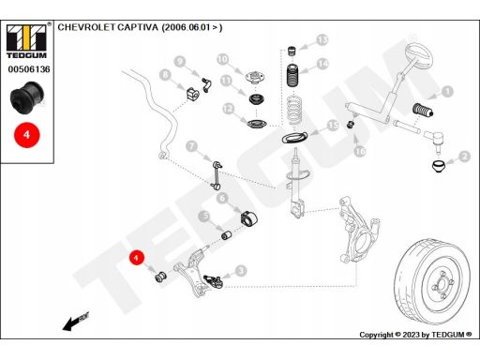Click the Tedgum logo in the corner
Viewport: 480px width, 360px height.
[26, 41]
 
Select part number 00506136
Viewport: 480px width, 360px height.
[29, 69]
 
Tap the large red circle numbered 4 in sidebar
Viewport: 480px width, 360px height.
[27, 135]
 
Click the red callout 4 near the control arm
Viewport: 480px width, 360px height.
[136, 258]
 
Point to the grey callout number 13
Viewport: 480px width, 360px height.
[322, 40]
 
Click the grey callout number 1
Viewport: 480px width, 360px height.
[447, 92]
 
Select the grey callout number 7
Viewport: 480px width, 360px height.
[192, 146]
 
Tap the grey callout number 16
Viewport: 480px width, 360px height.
[360, 152]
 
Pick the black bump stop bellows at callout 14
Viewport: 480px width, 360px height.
[292, 76]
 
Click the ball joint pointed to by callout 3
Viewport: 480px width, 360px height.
[213, 281]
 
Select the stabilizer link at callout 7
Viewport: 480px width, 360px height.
[217, 174]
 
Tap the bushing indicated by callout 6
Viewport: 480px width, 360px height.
[248, 217]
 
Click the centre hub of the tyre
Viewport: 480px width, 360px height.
[442, 284]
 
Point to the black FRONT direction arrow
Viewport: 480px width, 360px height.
[76, 322]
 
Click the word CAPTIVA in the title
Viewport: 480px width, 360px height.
[138, 27]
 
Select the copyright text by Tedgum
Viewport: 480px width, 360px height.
[415, 335]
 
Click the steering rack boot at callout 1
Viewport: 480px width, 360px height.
[423, 110]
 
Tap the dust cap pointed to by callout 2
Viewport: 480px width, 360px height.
[438, 166]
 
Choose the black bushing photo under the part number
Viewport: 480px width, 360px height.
[27, 97]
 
